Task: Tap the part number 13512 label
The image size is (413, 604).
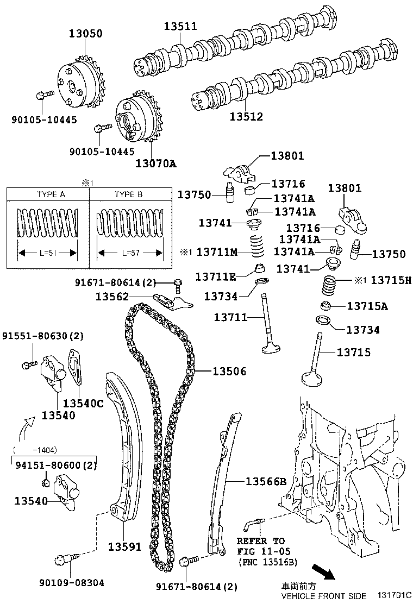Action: click(246, 116)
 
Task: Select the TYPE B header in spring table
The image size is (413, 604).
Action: click(128, 194)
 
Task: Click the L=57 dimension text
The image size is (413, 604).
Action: click(129, 253)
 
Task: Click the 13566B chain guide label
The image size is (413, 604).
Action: click(265, 481)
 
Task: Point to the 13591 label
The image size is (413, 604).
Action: click(124, 546)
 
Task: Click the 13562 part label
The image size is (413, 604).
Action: click(112, 297)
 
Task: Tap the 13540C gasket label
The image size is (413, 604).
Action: click(83, 403)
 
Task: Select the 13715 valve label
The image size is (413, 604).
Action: click(354, 353)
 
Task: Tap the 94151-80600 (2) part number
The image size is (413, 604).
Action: click(56, 465)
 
